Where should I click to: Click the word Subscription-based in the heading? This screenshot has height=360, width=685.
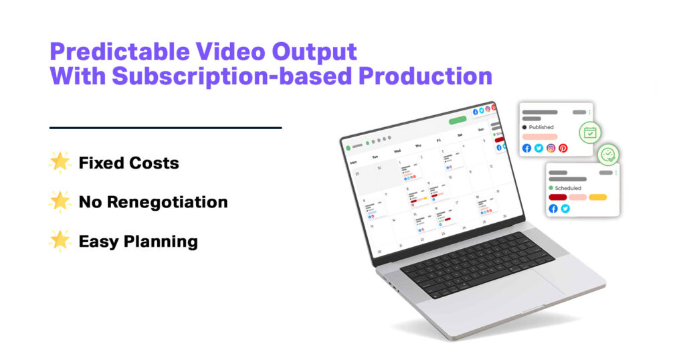click(x=231, y=76)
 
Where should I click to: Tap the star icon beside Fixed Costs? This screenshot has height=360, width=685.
click(x=60, y=162)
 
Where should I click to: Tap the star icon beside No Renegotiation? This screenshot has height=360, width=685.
click(x=60, y=201)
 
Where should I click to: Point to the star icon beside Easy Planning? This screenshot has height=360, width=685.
click(x=60, y=240)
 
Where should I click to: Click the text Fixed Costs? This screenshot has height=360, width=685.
click(x=128, y=163)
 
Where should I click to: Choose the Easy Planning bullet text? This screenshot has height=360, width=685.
click(x=138, y=241)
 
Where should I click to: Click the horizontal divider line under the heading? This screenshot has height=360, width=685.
click(x=165, y=127)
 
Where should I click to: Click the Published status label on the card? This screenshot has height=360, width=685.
click(x=541, y=126)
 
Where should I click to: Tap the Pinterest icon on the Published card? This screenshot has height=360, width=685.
click(x=563, y=148)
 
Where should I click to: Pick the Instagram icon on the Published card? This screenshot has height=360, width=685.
click(x=551, y=148)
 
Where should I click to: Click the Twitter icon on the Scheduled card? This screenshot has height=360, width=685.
click(x=565, y=209)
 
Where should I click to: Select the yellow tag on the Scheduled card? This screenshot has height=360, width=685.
click(x=597, y=197)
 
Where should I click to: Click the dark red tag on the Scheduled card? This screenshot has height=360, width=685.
click(x=557, y=197)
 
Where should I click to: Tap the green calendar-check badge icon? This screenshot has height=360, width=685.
click(x=589, y=132)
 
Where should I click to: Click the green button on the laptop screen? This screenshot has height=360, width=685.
click(x=458, y=120)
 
